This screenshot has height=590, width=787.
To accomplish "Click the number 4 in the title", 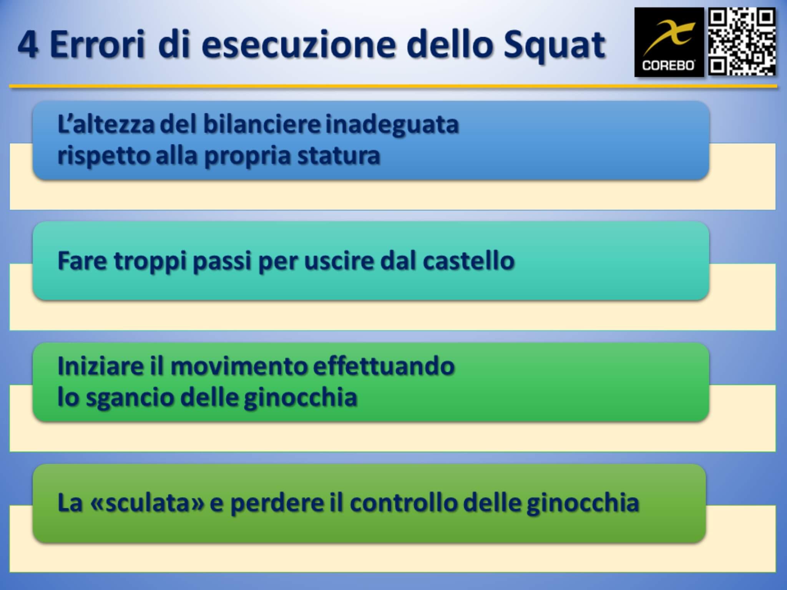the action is pos(27,45).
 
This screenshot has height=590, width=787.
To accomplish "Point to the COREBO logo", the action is pos(669,42).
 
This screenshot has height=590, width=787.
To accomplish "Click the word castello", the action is pos(468,260).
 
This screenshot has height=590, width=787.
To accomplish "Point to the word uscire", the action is pos(339,261).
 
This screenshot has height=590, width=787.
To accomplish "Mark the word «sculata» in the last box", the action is pos(146,503).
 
